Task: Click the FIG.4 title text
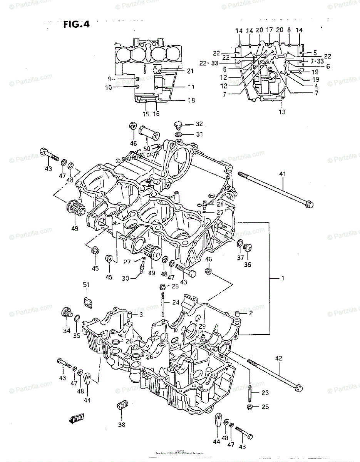point(76,25)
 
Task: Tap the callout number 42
point(278,358)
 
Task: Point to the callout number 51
point(86,285)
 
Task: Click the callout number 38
point(122,425)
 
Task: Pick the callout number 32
point(199,124)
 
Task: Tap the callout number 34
point(67,331)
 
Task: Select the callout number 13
point(282,112)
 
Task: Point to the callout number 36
point(247,264)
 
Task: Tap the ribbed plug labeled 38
point(122,406)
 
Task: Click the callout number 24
point(175,302)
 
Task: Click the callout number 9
point(109,79)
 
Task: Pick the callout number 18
point(191,100)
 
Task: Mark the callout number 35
point(77,335)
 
